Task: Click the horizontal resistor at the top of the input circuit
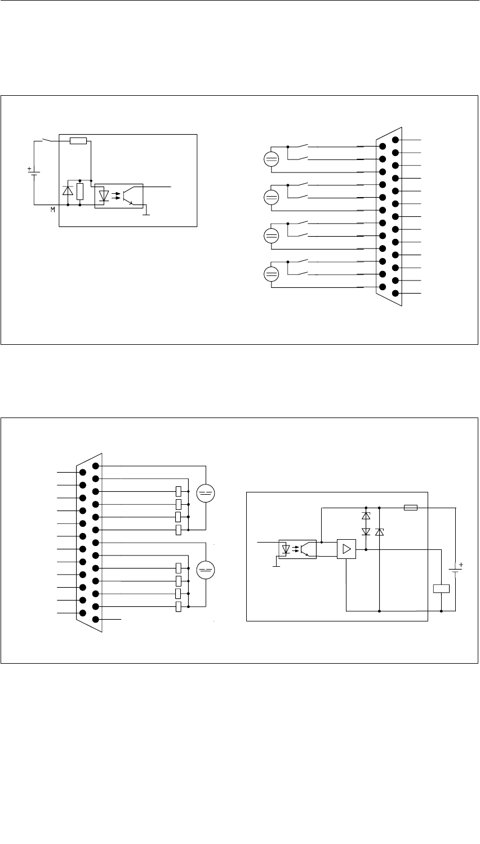tap(78, 140)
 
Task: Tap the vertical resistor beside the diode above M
tap(80, 192)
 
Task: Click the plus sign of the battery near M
tap(29, 168)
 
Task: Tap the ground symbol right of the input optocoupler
tap(145, 212)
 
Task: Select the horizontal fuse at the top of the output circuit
tap(411, 508)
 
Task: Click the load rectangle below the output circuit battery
tap(441, 589)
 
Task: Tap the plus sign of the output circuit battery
tap(460, 563)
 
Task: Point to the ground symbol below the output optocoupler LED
tap(276, 565)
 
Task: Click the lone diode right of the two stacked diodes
tap(380, 531)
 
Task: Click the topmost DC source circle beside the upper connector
tap(271, 159)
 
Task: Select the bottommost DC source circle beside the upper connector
tap(271, 274)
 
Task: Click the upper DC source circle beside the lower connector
tap(207, 492)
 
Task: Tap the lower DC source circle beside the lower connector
tap(207, 570)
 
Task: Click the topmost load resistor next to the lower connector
tap(179, 491)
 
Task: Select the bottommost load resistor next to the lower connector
tap(179, 607)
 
